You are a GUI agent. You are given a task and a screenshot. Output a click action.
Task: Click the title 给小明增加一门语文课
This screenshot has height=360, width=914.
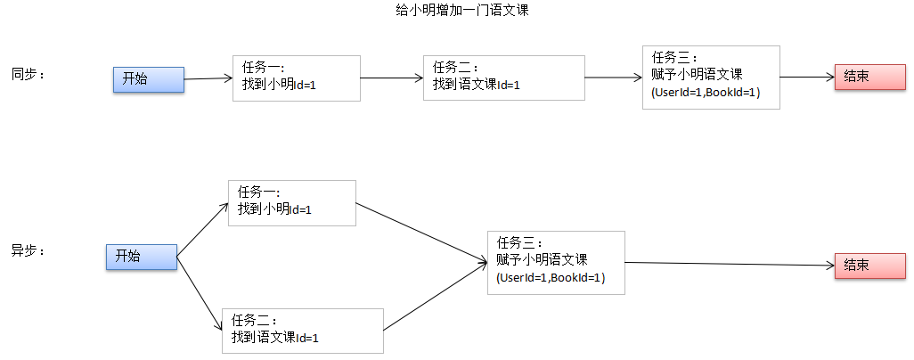(x=456, y=10)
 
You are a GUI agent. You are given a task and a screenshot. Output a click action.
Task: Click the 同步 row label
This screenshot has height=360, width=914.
(x=28, y=73)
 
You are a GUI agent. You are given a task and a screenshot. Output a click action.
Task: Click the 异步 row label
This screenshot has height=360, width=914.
(x=28, y=250)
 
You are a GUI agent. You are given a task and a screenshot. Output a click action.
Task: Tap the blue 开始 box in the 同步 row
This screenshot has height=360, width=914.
(x=148, y=78)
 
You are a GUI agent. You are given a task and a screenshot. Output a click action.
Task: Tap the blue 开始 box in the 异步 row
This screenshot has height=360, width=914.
(x=141, y=256)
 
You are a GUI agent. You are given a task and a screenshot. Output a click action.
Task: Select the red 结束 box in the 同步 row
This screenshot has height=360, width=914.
(x=869, y=77)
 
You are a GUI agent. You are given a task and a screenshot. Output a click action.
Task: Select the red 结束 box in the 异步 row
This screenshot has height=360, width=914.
(x=869, y=266)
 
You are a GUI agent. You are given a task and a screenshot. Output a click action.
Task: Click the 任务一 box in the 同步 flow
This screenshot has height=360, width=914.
(x=295, y=78)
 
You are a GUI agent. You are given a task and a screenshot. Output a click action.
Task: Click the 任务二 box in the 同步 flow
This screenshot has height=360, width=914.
(x=503, y=78)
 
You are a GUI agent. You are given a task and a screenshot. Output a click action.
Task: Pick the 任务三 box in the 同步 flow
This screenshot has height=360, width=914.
(x=710, y=78)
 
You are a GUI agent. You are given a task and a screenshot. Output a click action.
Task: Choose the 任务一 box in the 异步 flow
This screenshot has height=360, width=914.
(x=291, y=202)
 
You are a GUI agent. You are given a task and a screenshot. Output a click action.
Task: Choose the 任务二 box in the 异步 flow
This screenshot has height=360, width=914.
(x=303, y=331)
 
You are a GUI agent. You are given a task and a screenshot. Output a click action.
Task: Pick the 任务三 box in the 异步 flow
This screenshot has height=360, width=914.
(x=556, y=262)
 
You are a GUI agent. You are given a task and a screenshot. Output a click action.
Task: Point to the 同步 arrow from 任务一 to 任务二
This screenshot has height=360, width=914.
(x=392, y=78)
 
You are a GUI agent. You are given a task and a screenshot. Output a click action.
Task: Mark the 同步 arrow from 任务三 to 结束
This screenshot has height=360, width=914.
(x=806, y=77)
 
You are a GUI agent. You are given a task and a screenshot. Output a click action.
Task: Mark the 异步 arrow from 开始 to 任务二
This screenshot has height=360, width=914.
(x=200, y=294)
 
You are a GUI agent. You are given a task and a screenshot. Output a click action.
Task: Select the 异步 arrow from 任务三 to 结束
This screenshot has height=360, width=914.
(x=730, y=264)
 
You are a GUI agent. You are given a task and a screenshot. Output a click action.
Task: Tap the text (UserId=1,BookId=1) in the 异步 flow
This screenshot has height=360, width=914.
(x=551, y=278)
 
